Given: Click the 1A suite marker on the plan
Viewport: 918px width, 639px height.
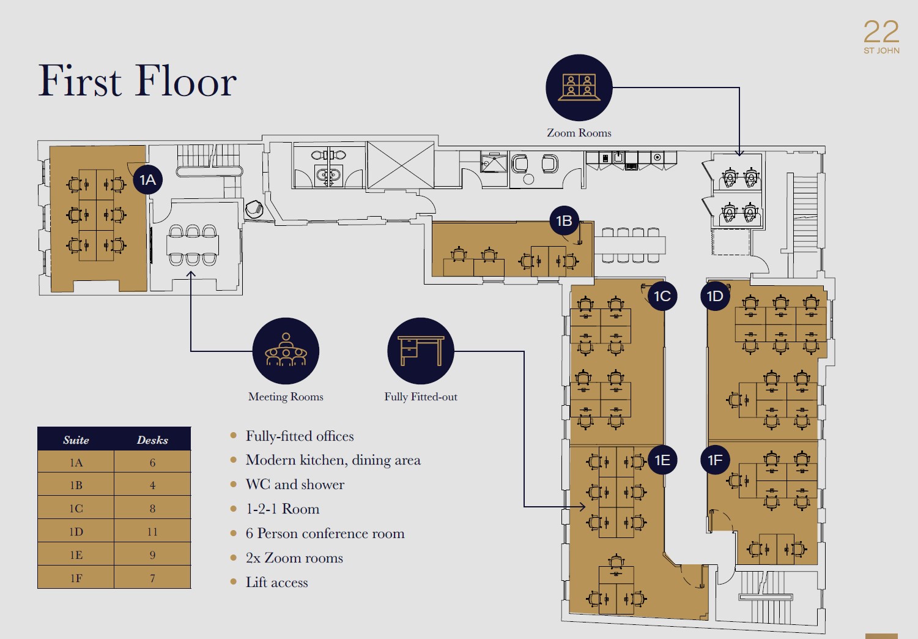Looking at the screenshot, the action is pyautogui.click(x=147, y=179).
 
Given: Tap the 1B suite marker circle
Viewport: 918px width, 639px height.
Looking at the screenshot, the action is pyautogui.click(x=564, y=221).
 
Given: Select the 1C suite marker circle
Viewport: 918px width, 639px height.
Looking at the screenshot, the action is pyautogui.click(x=662, y=296).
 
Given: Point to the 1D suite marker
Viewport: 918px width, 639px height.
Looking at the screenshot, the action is pyautogui.click(x=715, y=296).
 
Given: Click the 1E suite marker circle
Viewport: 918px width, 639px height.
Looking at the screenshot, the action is pyautogui.click(x=662, y=460).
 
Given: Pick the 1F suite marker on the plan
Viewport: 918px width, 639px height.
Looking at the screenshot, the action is pyautogui.click(x=715, y=460).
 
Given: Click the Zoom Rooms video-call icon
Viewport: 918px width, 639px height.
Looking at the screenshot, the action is pyautogui.click(x=579, y=88).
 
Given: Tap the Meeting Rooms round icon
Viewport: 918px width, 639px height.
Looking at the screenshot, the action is pyautogui.click(x=286, y=351).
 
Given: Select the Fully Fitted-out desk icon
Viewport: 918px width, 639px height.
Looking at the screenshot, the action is pyautogui.click(x=421, y=351).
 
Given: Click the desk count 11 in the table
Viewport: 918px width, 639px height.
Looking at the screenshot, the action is pyautogui.click(x=152, y=531).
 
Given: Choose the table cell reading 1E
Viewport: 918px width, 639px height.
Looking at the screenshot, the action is pyautogui.click(x=76, y=555).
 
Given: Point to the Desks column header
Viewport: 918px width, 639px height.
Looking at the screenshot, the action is pyautogui.click(x=152, y=440).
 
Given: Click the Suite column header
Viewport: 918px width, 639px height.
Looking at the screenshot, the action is pyautogui.click(x=76, y=440).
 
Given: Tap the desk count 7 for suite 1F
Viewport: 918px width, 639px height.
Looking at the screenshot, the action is pyautogui.click(x=152, y=578).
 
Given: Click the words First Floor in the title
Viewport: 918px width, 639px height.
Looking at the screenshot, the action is pyautogui.click(x=137, y=81).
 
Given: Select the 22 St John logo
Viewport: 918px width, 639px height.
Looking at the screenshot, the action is pyautogui.click(x=881, y=37).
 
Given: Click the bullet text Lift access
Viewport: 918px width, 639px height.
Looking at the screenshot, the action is pyautogui.click(x=276, y=582).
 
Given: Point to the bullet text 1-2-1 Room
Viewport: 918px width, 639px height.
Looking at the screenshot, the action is pyautogui.click(x=283, y=509).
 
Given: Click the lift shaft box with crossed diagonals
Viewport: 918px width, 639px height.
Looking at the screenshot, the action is pyautogui.click(x=401, y=165).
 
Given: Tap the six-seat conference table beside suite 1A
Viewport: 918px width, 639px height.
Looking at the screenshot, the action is pyautogui.click(x=192, y=245).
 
